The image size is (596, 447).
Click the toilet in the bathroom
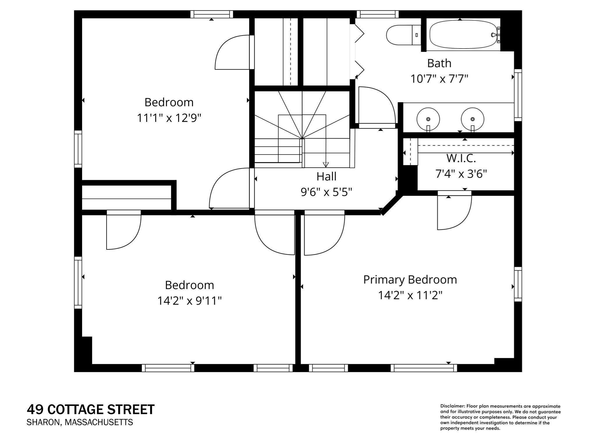pyautogui.click(x=403, y=35)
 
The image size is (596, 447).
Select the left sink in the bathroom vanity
pyautogui.click(x=428, y=119)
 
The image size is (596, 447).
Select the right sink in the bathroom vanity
pyautogui.click(x=472, y=119)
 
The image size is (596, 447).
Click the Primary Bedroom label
pyautogui.click(x=410, y=280)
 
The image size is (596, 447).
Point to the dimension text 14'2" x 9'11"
pyautogui.click(x=189, y=301)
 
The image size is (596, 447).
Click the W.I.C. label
pyautogui.click(x=461, y=158)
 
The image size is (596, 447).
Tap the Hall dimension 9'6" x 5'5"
pyautogui.click(x=326, y=192)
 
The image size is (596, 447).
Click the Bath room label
pyautogui.click(x=439, y=63)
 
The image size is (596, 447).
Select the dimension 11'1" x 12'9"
pyautogui.click(x=169, y=118)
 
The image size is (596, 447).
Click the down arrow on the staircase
pyautogui.click(x=326, y=164)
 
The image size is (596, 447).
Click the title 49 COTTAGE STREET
pyautogui.click(x=91, y=409)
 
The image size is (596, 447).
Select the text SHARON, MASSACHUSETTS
pyautogui.click(x=80, y=422)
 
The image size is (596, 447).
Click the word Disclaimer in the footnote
pyautogui.click(x=452, y=406)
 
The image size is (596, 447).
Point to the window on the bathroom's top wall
pyautogui.click(x=377, y=14)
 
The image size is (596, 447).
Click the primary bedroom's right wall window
pyautogui.click(x=518, y=284)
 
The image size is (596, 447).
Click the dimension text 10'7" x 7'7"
pyautogui.click(x=439, y=79)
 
